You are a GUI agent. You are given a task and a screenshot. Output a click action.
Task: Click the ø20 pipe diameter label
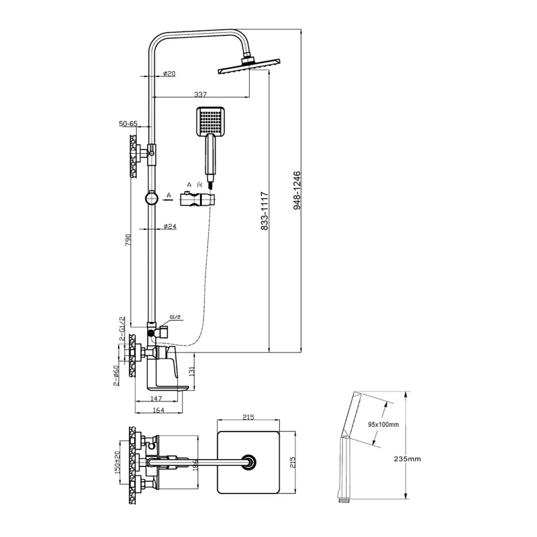[169, 73]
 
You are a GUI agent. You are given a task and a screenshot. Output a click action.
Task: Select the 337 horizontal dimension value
[200, 94]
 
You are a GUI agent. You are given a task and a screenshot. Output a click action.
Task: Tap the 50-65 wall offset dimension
[128, 124]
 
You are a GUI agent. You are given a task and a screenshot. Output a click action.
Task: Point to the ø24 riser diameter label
[170, 226]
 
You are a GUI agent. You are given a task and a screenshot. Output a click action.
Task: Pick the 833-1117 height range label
[264, 211]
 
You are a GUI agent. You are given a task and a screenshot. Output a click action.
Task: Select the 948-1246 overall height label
[297, 191]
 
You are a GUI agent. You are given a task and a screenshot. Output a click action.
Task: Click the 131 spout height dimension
[191, 372]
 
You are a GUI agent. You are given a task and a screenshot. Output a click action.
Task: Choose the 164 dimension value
[158, 410]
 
